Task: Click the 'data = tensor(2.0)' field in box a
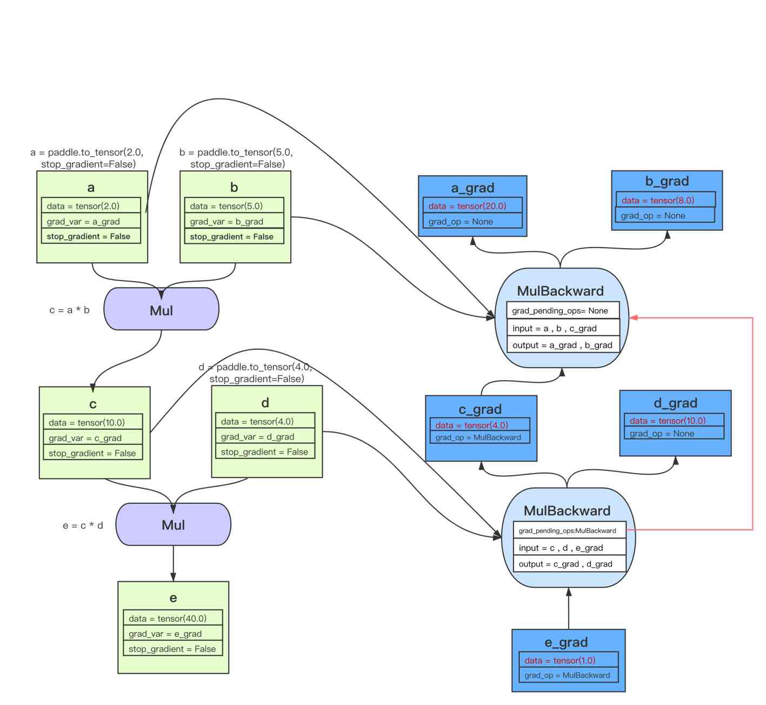(91, 206)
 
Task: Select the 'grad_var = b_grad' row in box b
(234, 222)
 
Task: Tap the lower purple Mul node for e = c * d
(173, 525)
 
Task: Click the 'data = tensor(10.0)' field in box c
(93, 422)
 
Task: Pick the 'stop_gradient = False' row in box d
(265, 452)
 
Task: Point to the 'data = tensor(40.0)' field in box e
(173, 618)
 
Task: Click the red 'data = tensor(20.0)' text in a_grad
(472, 206)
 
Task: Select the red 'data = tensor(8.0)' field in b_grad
(665, 200)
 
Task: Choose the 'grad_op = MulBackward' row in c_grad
(479, 437)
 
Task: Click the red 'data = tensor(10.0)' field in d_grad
(674, 421)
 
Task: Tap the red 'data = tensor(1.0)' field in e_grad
(568, 660)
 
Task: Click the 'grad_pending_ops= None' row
(563, 311)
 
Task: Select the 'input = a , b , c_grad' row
(563, 328)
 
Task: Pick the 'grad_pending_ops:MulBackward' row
(569, 530)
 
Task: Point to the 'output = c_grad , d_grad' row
(569, 564)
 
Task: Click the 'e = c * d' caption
(83, 526)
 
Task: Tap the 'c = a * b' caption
(69, 310)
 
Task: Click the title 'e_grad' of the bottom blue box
(566, 642)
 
